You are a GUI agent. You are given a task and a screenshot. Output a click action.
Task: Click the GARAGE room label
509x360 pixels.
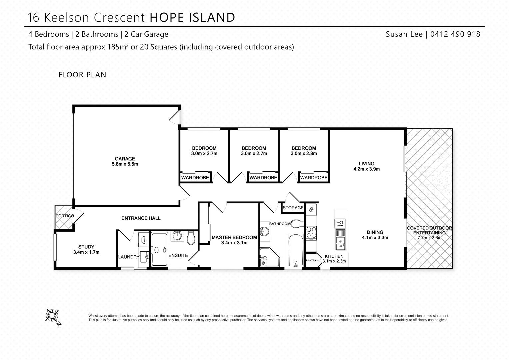click(x=125, y=161)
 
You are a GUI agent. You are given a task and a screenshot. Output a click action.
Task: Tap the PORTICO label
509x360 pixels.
click(x=65, y=216)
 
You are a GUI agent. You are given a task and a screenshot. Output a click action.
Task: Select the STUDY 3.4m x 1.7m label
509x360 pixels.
click(x=86, y=249)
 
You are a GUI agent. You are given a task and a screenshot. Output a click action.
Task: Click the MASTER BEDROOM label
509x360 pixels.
click(x=234, y=240)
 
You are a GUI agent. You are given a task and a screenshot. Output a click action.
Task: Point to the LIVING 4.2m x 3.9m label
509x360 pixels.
click(x=366, y=166)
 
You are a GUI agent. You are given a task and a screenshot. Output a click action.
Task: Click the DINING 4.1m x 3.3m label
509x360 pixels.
click(x=375, y=235)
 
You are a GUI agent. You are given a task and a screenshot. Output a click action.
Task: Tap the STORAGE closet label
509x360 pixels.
click(x=293, y=208)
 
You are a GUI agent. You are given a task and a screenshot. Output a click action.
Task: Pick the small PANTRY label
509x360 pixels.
click(x=311, y=261)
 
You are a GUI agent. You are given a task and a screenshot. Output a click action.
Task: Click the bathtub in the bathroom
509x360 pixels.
click(x=295, y=250)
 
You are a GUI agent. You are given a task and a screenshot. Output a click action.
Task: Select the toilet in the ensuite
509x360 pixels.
click(x=191, y=238)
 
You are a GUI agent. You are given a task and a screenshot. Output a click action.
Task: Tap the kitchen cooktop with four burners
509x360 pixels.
click(x=311, y=232)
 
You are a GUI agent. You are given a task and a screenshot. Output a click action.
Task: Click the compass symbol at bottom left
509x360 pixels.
click(x=52, y=315)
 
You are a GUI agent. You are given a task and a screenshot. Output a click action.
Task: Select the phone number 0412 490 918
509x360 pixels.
click(x=455, y=34)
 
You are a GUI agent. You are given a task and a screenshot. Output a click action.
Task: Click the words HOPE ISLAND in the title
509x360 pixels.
click(x=192, y=17)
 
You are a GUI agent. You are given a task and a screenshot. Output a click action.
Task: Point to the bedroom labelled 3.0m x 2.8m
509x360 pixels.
click(x=303, y=151)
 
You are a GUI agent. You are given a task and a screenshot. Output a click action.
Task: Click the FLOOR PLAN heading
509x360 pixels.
click(x=82, y=75)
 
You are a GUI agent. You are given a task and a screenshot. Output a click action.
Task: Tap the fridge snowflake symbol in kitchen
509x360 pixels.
click(x=311, y=210)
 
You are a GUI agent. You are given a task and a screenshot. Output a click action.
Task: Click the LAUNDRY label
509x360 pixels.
click(x=128, y=257)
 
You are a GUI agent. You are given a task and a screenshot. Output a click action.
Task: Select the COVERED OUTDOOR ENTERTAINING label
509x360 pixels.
click(x=429, y=233)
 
